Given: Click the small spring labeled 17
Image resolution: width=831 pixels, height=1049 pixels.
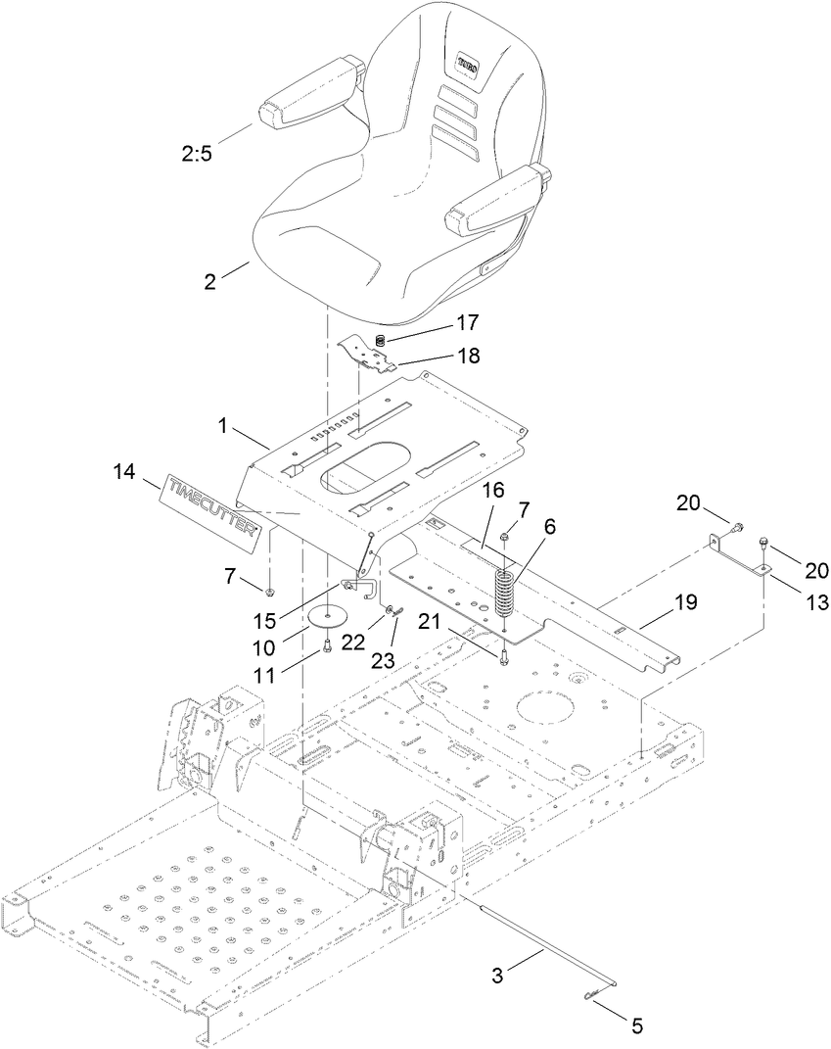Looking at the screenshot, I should [x=380, y=340].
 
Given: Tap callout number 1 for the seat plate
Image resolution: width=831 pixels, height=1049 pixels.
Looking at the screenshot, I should [x=223, y=426].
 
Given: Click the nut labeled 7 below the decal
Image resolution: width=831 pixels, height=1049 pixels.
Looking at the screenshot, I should [x=271, y=591].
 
